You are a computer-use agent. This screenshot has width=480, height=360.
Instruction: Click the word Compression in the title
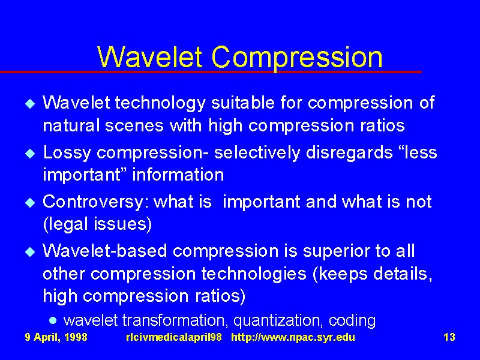pyautogui.click(x=297, y=58)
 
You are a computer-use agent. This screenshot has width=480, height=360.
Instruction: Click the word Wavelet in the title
pyautogui.click(x=149, y=57)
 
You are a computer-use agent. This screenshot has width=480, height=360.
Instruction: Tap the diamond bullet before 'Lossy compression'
pyautogui.click(x=30, y=153)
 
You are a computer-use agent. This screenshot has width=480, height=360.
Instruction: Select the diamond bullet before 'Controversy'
pyautogui.click(x=30, y=203)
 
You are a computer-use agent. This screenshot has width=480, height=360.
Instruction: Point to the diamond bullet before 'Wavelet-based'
pyautogui.click(x=30, y=252)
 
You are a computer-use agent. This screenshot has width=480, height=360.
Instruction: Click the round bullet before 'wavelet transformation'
pyautogui.click(x=53, y=321)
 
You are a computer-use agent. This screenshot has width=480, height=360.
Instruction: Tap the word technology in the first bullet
pyautogui.click(x=160, y=103)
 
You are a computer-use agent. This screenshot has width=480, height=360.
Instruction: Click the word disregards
pyautogui.click(x=349, y=153)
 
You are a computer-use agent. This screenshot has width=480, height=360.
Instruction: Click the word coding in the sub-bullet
pyautogui.click(x=352, y=321)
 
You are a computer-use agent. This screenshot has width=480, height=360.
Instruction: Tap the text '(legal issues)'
pyautogui.click(x=97, y=224)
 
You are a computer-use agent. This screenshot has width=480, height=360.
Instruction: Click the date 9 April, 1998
pyautogui.click(x=56, y=337)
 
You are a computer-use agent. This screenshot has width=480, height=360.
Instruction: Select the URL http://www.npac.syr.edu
pyautogui.click(x=293, y=337)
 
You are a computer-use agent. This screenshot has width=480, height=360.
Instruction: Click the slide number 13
pyautogui.click(x=449, y=337)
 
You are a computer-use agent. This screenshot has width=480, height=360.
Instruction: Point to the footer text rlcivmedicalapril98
pyautogui.click(x=174, y=337)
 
